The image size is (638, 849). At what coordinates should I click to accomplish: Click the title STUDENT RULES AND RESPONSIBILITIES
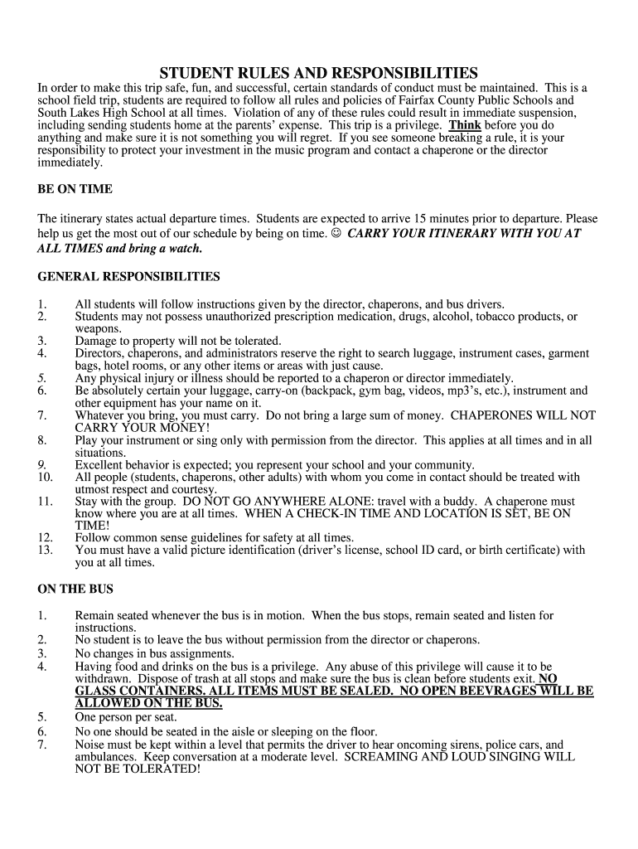coord(319,72)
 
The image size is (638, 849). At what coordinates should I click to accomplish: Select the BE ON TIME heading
coord(75,189)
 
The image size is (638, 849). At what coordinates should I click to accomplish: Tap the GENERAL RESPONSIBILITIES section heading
coord(128,276)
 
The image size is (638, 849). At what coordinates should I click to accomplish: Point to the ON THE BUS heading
coord(75,589)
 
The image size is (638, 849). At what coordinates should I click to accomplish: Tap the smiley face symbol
coord(336,234)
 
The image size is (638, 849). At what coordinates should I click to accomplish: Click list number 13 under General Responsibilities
coord(46,550)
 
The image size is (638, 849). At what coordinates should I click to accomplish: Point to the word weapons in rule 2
coord(98,328)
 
